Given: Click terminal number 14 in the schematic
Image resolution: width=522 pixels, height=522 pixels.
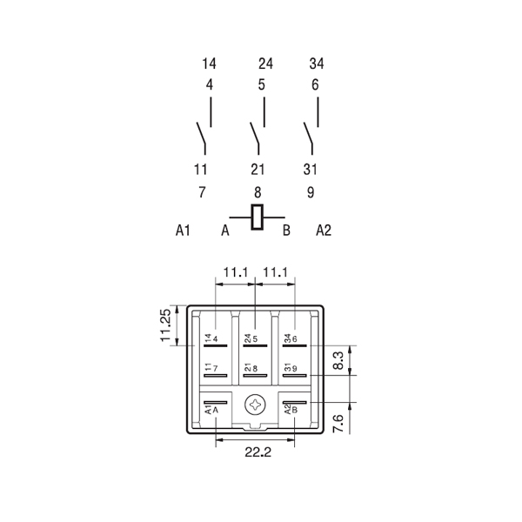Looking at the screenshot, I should pos(209,64).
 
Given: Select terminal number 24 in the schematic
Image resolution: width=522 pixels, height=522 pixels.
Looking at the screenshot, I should pos(265,64).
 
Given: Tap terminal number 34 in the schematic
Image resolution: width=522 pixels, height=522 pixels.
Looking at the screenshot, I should pos(317,64).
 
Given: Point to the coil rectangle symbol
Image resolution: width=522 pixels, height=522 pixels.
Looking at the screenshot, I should pos(257,217).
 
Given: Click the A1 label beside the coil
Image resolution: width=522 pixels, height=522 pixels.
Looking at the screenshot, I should pos(183,231).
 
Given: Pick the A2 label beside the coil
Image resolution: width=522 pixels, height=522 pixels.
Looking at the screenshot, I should pos(324,231).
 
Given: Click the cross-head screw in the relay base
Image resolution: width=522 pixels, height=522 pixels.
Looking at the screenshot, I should pos(256,405).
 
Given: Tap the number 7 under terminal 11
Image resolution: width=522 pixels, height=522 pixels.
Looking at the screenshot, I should pos(202,191).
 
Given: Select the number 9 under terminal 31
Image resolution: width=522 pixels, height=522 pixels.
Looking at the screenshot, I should pos(311,191).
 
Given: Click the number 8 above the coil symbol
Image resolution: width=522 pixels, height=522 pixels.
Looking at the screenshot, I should pos(257,191).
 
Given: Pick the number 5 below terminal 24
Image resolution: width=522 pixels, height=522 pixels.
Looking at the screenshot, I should pos(262,85).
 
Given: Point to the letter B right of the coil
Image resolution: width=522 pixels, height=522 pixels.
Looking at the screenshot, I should pos(285,231).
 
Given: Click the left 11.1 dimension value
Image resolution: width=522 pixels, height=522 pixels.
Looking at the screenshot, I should pos(235,273).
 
